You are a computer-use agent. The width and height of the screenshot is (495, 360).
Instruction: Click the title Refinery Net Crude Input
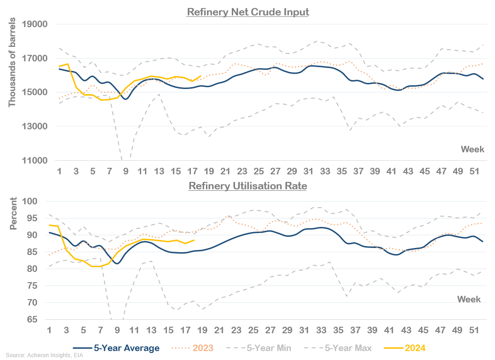248,12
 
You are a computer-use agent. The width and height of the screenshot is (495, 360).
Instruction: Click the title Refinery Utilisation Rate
248,186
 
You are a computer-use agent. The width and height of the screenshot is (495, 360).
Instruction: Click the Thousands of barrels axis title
12,63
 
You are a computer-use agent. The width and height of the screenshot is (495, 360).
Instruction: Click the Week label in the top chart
472,150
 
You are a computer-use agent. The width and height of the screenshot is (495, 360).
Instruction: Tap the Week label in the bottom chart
469,299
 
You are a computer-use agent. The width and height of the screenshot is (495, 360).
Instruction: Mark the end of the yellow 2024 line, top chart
201,76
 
